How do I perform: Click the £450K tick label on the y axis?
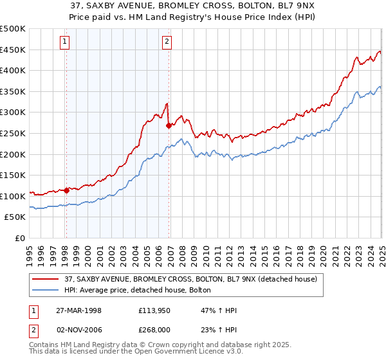coord(13,50)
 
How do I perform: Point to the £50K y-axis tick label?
coord(15,217)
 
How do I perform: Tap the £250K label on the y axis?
coord(13,134)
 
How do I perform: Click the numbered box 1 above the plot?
coord(66,42)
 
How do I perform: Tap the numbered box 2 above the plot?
coord(167,42)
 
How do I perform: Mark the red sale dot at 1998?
coord(66,190)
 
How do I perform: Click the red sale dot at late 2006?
coord(169,126)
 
